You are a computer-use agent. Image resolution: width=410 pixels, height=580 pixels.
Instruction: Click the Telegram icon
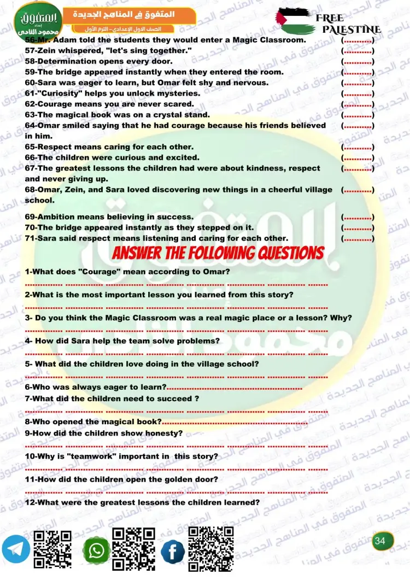click(x=16, y=550)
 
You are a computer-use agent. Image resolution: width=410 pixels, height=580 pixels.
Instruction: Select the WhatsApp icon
click(x=97, y=550)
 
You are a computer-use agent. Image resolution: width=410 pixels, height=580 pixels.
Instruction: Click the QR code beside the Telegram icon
click(x=52, y=549)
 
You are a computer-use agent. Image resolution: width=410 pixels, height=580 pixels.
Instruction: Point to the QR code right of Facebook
click(x=211, y=548)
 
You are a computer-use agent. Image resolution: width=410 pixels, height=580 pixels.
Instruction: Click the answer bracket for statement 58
click(x=358, y=61)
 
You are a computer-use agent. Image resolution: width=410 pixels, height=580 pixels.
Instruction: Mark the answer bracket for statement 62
click(x=358, y=104)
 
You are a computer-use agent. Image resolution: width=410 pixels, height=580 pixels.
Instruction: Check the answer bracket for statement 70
click(x=358, y=227)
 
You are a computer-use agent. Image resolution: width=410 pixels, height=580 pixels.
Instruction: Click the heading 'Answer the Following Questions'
click(x=218, y=253)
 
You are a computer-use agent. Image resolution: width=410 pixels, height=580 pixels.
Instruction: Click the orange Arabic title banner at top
click(x=127, y=15)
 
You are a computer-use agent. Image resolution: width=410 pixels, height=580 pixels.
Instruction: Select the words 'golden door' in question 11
click(x=195, y=479)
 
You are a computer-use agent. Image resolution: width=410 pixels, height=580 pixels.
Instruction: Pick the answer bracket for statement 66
click(x=358, y=157)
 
